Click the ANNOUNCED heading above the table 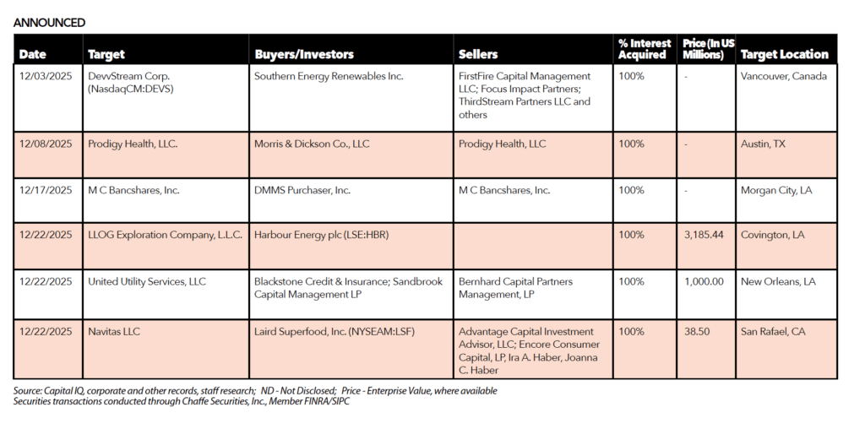(49, 23)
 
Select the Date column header (33, 54)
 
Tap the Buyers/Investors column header (304, 54)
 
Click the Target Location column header (784, 54)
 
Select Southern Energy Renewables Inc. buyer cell (329, 76)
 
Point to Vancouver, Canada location (783, 76)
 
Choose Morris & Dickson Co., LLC (312, 144)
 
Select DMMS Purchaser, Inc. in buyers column (302, 190)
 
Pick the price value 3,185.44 (704, 236)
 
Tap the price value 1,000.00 (704, 281)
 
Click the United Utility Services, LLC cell (147, 281)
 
